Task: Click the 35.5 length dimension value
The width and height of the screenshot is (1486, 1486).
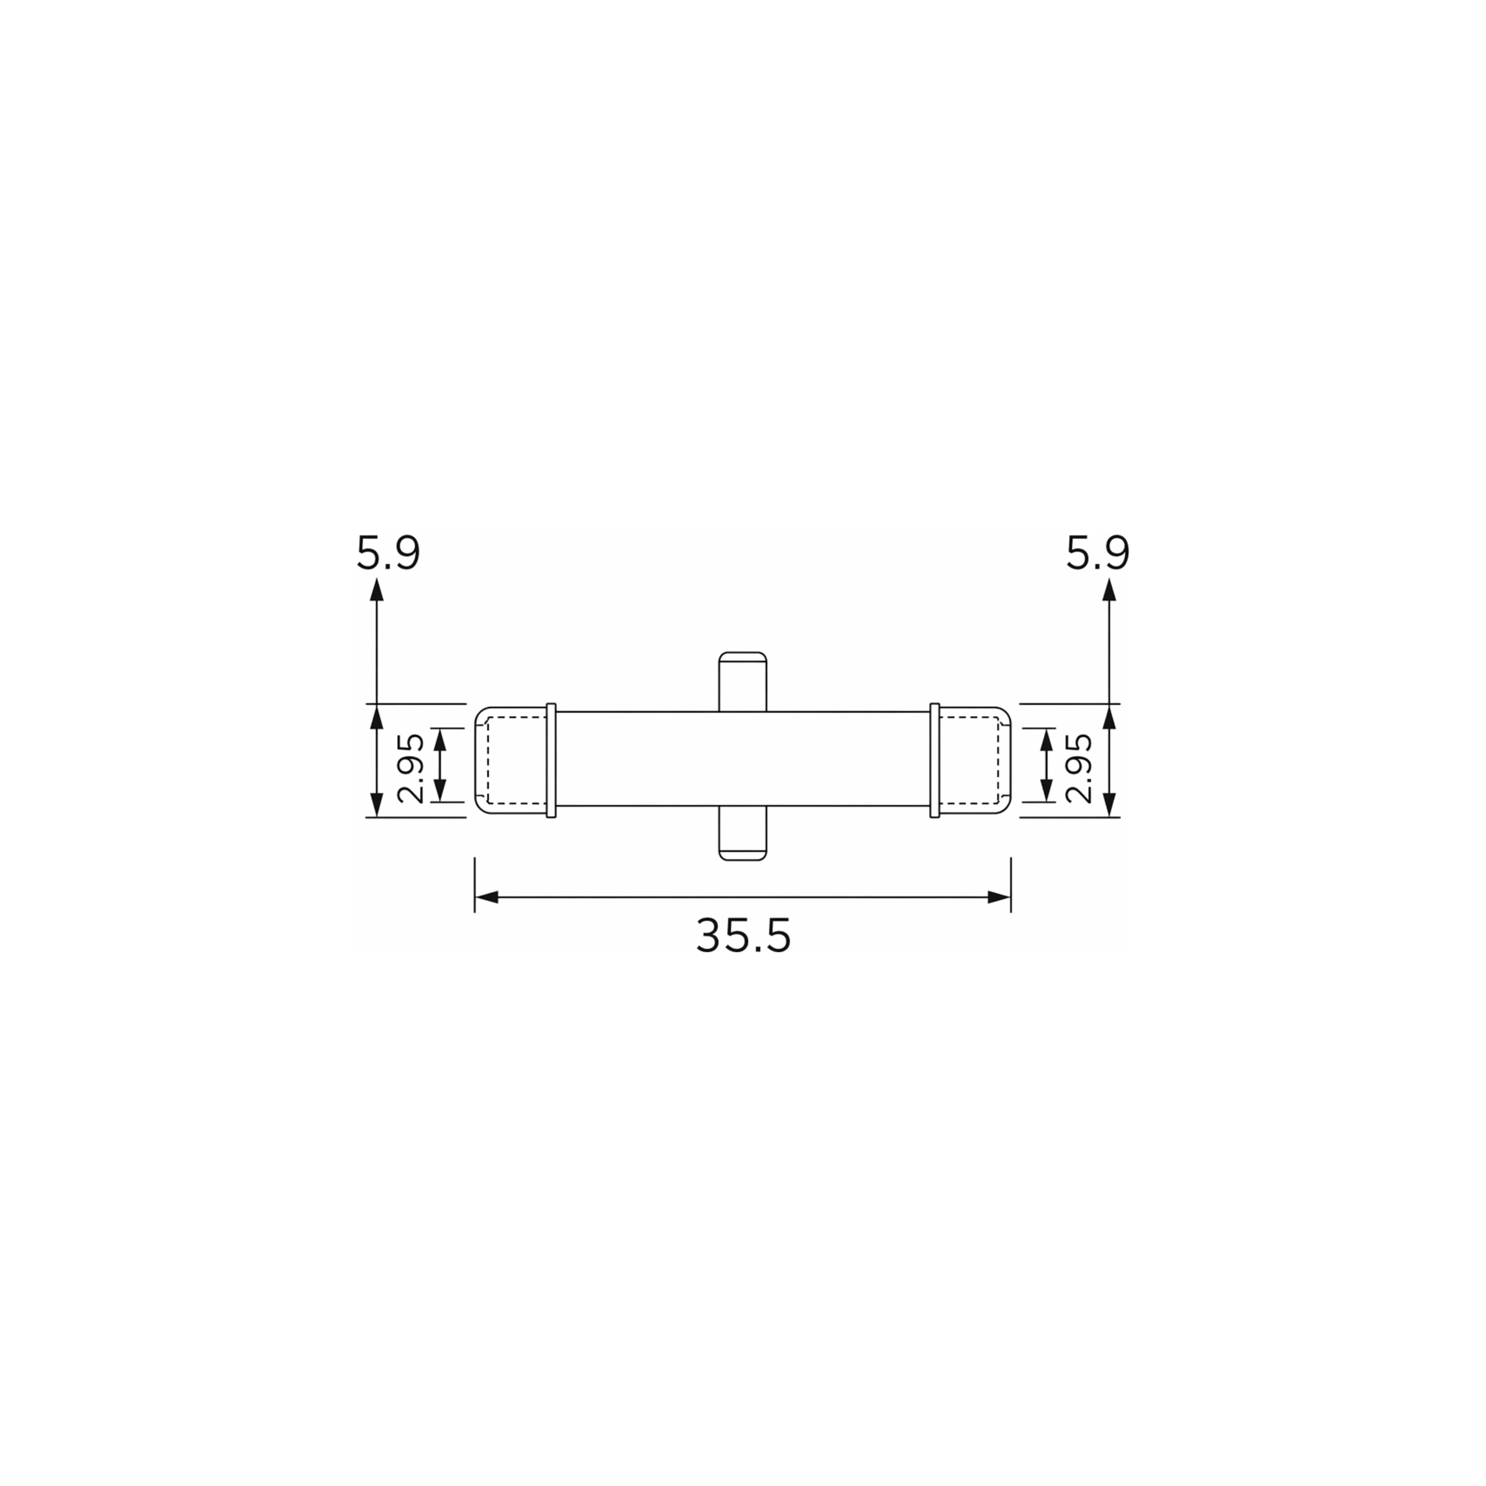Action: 743,936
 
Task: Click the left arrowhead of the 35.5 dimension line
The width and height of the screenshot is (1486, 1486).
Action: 486,897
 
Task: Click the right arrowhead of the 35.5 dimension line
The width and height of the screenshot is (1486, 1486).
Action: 999,897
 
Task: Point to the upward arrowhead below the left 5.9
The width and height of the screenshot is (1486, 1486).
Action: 376,588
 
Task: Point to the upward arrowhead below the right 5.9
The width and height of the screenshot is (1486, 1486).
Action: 1109,588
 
